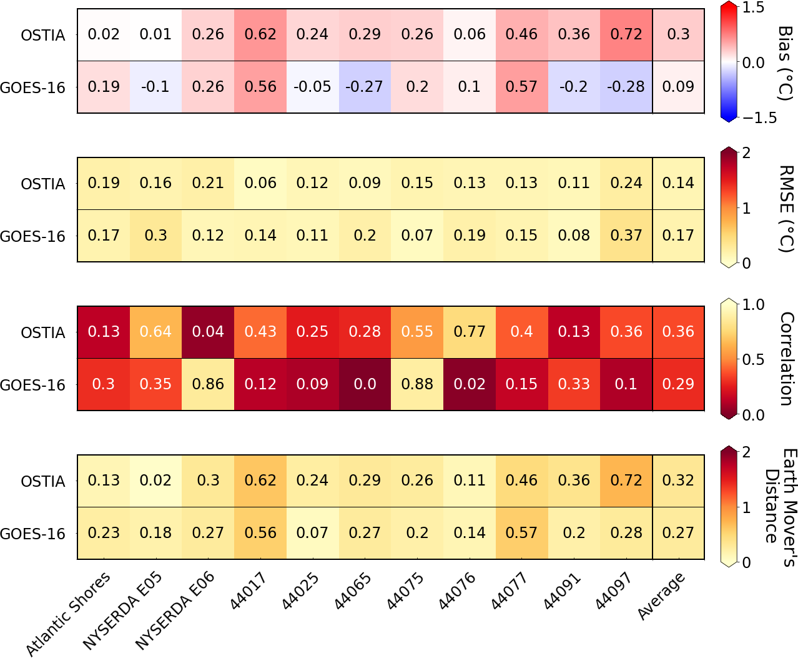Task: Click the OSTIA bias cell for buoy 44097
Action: [626, 34]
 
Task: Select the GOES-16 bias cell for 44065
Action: [365, 87]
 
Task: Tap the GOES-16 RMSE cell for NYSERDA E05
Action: [155, 236]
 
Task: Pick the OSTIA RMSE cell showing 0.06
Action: [260, 183]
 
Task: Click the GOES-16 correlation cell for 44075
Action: [417, 384]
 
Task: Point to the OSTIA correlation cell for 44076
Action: [470, 332]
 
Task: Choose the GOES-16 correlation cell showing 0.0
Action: [365, 384]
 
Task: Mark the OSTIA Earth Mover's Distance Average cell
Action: [678, 481]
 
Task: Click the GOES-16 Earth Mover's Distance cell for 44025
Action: [312, 533]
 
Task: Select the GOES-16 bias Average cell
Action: [678, 87]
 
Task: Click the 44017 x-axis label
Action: [249, 591]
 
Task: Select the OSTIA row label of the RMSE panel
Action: [42, 184]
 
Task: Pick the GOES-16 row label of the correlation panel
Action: [32, 386]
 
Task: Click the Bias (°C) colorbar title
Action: [785, 62]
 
